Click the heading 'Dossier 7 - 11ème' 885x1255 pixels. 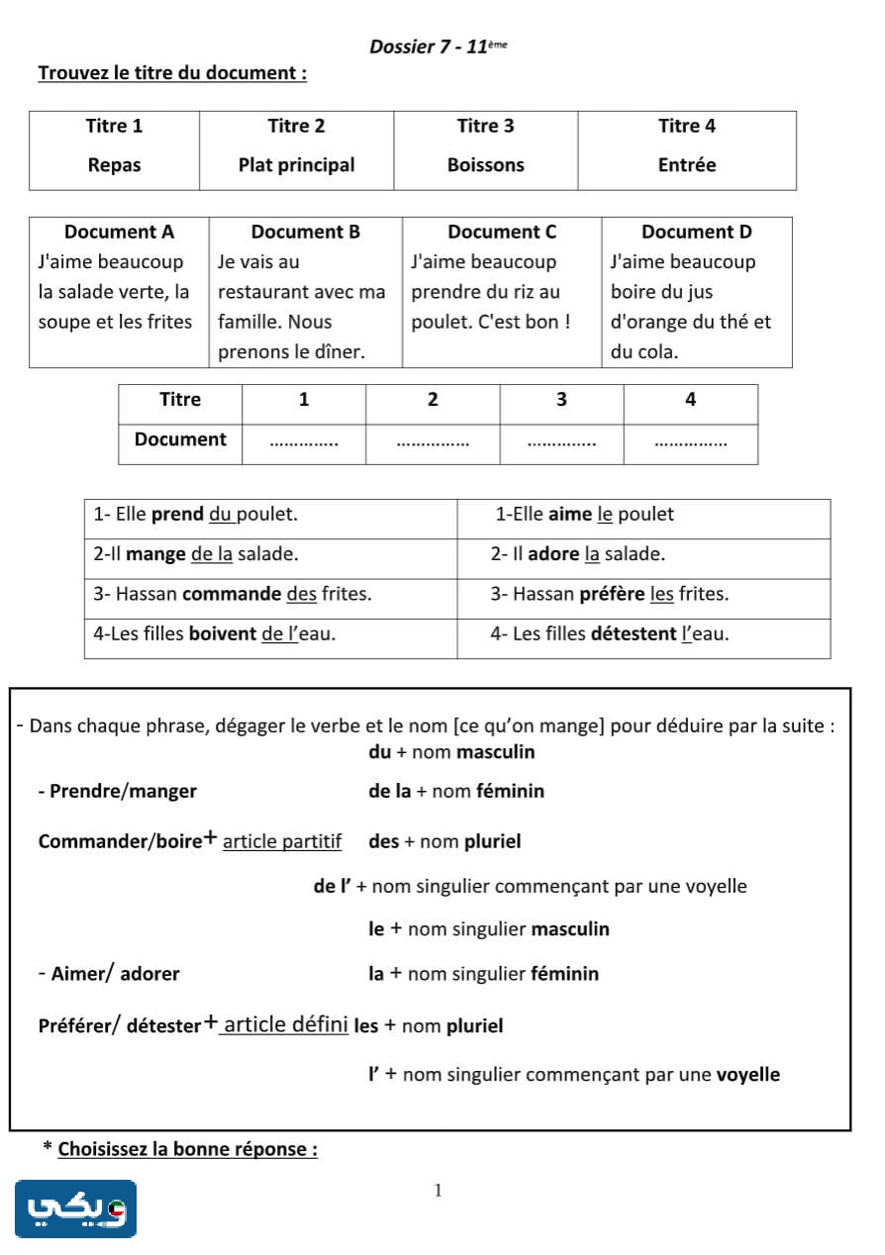(437, 47)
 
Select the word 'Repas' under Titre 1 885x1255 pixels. (114, 165)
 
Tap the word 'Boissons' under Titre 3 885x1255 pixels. (485, 165)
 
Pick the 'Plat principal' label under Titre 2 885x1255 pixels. (296, 165)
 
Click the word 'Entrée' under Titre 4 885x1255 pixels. (686, 165)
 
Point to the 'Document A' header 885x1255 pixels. (119, 232)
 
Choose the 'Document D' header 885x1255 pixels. (696, 232)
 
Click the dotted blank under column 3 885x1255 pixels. (561, 441)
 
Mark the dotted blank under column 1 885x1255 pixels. (304, 441)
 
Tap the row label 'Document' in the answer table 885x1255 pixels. (180, 439)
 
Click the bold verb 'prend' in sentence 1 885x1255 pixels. (177, 515)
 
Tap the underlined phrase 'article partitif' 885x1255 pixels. (282, 842)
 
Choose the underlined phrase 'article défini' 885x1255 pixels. (285, 1025)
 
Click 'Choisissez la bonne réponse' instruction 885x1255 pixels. (187, 1149)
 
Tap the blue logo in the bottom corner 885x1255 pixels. (75, 1208)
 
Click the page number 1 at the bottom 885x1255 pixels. (438, 1191)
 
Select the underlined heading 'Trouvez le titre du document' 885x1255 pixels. (172, 73)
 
